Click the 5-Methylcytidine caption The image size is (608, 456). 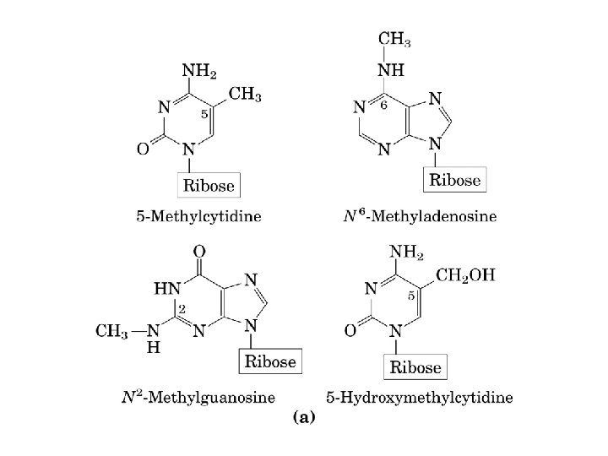[x=198, y=216]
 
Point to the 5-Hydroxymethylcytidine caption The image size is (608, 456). [x=419, y=396]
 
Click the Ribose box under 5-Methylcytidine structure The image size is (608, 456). [x=210, y=185]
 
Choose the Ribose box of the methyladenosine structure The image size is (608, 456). [x=455, y=180]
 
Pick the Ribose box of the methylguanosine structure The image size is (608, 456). [x=270, y=361]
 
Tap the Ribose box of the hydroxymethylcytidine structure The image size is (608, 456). [x=414, y=367]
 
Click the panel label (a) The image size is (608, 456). [x=303, y=417]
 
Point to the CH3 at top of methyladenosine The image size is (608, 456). [x=394, y=37]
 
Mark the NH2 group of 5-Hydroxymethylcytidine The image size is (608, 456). [x=406, y=252]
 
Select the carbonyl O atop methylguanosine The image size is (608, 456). [x=199, y=251]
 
